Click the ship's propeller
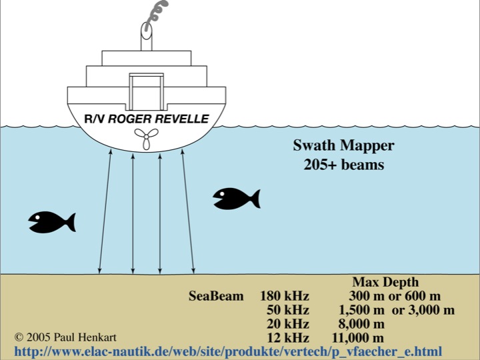[146, 139]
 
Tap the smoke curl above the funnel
[157, 14]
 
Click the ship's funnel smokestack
[146, 36]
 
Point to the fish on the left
[52, 222]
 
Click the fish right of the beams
[236, 199]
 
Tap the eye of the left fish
[37, 217]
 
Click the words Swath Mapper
[343, 145]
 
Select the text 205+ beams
[344, 165]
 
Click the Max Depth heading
[385, 282]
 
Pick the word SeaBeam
[216, 296]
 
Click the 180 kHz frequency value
[285, 296]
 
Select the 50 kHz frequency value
[288, 310]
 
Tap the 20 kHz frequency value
[288, 324]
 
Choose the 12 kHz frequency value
[288, 338]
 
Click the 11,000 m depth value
[357, 338]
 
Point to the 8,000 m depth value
[361, 324]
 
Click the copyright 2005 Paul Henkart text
[65, 337]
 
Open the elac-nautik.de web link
[228, 351]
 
